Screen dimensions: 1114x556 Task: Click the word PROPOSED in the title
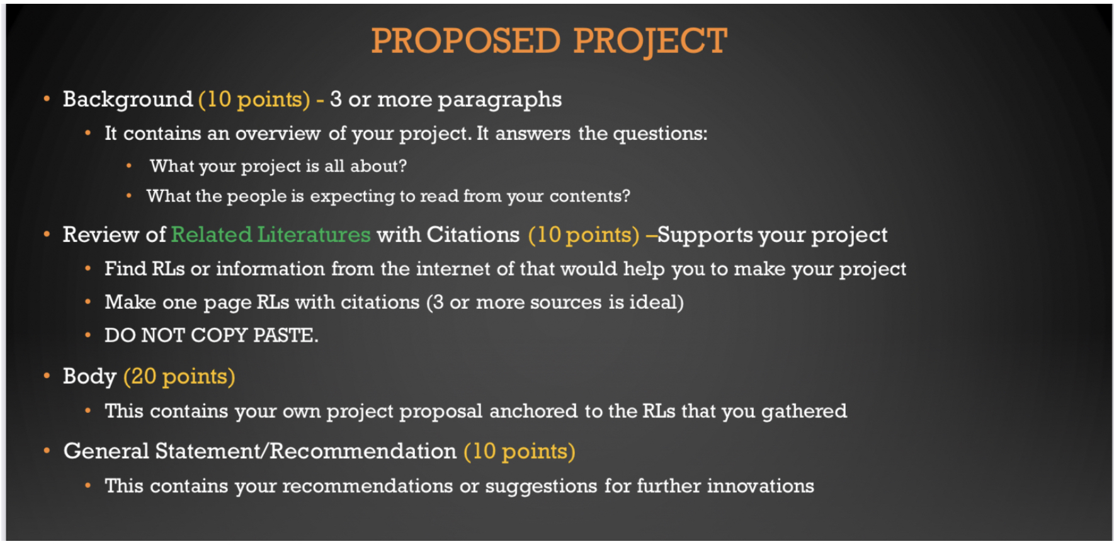(465, 41)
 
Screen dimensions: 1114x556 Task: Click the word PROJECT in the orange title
(650, 42)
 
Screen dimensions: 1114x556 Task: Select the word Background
(128, 100)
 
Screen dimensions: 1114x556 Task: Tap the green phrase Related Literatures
(271, 235)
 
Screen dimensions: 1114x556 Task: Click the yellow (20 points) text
(179, 376)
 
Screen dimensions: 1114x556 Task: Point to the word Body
(89, 376)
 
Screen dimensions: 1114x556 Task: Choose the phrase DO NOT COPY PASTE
(212, 335)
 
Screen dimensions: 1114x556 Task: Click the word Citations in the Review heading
(473, 235)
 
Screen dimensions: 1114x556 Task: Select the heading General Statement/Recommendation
(259, 451)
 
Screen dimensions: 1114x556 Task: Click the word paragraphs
(499, 100)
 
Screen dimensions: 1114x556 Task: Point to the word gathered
(804, 412)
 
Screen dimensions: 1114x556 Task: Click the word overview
(278, 134)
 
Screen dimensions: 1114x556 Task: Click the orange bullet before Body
(47, 376)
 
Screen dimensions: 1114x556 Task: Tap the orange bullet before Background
(47, 99)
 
